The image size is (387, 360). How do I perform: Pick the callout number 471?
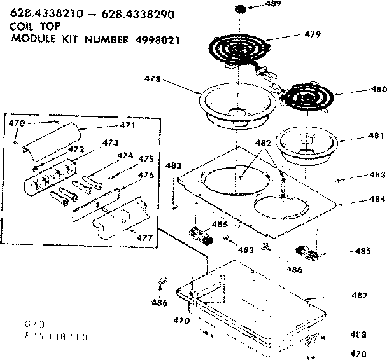[x=127, y=126]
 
